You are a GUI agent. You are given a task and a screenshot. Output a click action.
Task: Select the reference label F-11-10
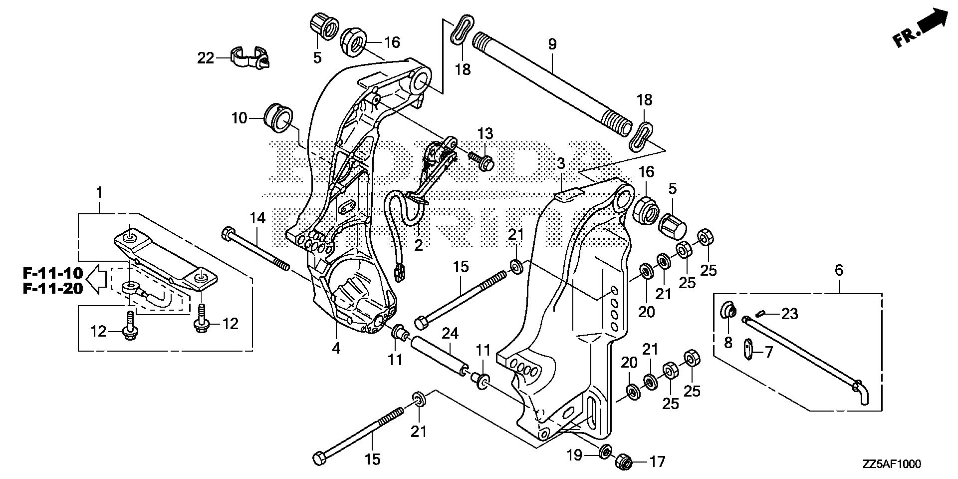tap(52, 273)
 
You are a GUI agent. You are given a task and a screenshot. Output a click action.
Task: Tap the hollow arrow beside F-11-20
tap(97, 281)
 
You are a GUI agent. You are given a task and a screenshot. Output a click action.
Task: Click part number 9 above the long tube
tap(552, 44)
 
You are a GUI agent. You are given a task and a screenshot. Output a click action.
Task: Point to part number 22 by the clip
tap(206, 58)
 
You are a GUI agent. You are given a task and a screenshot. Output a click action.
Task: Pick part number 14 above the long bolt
tap(258, 218)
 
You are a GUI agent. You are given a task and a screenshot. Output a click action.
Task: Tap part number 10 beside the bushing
tap(239, 118)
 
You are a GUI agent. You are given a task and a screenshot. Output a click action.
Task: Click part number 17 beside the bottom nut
tap(657, 462)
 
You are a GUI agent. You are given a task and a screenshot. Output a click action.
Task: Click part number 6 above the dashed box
tap(839, 271)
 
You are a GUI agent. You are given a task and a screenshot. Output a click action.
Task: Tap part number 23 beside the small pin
tap(789, 314)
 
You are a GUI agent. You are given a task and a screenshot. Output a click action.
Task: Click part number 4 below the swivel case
tap(336, 348)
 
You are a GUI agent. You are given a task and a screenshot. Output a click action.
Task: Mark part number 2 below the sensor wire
tap(418, 245)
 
